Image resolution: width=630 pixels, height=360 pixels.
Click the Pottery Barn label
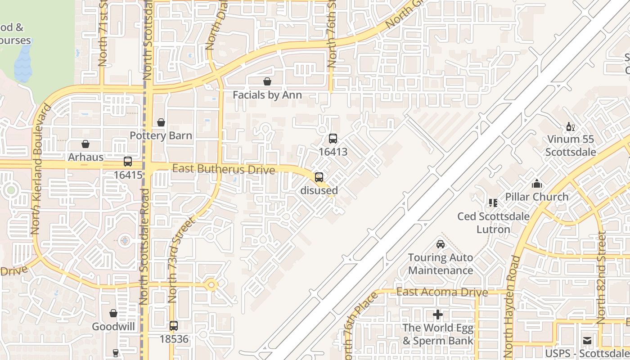(x=161, y=135)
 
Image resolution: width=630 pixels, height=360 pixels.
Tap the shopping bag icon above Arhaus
(x=85, y=144)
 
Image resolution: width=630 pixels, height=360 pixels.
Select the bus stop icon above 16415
(x=128, y=162)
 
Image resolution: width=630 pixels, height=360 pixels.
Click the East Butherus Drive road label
(x=224, y=169)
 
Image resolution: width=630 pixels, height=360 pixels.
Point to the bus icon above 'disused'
(x=319, y=177)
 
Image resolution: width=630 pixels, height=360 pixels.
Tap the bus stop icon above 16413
(x=333, y=139)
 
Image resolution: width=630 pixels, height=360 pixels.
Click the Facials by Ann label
(x=267, y=95)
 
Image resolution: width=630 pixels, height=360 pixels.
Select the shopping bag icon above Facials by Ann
(x=267, y=81)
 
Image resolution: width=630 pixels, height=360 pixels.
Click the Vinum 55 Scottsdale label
(x=571, y=146)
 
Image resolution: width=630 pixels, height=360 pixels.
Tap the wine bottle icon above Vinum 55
(x=570, y=127)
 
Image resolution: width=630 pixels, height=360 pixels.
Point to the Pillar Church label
(x=537, y=197)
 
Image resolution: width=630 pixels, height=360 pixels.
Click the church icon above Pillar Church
(x=536, y=184)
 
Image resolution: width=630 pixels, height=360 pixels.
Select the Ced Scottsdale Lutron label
(x=493, y=223)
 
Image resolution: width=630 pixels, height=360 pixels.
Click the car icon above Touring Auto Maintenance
(x=441, y=244)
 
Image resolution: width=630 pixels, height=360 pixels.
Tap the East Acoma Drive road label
(x=442, y=292)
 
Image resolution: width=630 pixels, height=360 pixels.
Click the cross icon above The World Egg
(x=438, y=315)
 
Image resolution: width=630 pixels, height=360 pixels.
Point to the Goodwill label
(x=113, y=326)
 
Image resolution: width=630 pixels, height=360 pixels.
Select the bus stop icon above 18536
(x=174, y=326)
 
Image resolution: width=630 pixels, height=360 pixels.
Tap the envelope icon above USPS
(x=587, y=341)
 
